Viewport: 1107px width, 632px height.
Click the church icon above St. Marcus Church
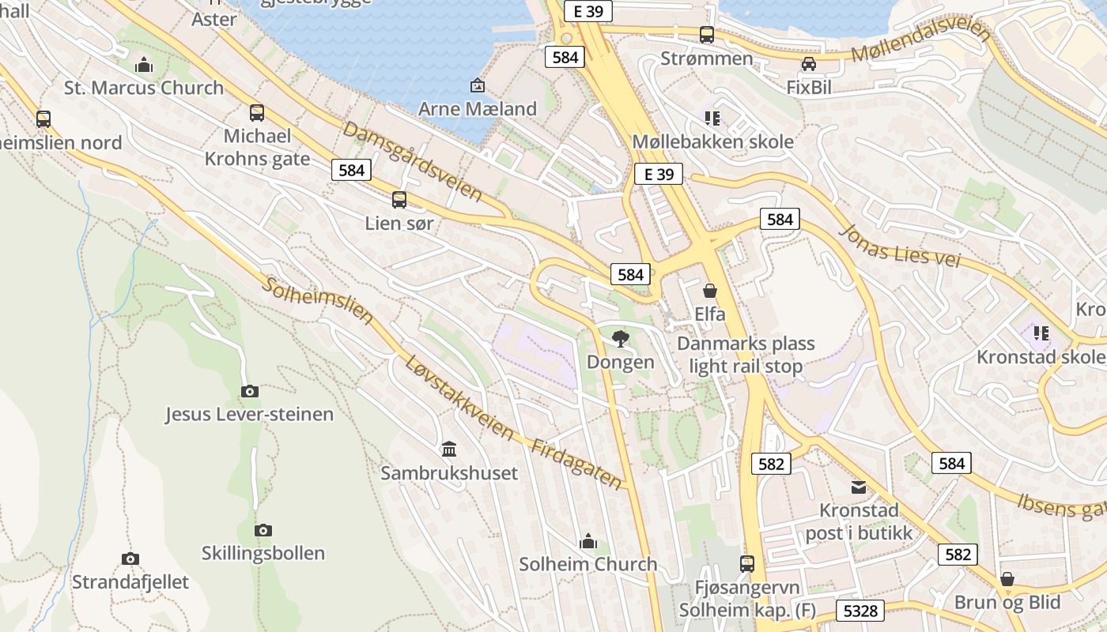[x=144, y=65]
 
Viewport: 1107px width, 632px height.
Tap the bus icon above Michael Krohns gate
[x=257, y=113]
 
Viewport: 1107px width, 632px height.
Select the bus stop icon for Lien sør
[x=399, y=200]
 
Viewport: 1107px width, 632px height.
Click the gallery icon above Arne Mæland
[x=477, y=85]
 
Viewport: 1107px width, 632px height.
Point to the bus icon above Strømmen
[x=707, y=35]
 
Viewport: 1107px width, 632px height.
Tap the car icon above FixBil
[x=809, y=64]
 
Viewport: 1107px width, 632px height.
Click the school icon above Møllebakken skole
[x=712, y=118]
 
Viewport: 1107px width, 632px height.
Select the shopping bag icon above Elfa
[x=710, y=291]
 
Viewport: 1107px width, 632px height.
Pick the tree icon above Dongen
[x=621, y=339]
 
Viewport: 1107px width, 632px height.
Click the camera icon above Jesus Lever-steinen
[x=249, y=391]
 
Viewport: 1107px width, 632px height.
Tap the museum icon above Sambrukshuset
[x=449, y=450]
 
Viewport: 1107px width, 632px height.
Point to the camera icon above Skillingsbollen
[x=263, y=530]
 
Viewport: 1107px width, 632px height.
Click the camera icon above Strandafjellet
[x=130, y=559]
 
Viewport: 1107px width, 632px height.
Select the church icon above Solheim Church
[x=588, y=541]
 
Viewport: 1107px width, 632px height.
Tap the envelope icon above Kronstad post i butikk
[x=859, y=487]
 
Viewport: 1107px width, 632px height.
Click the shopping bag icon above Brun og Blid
[x=1007, y=579]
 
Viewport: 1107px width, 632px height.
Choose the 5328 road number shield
[x=860, y=611]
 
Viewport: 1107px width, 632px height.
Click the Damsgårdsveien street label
[x=412, y=161]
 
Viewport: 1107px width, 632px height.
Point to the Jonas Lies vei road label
[x=900, y=245]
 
